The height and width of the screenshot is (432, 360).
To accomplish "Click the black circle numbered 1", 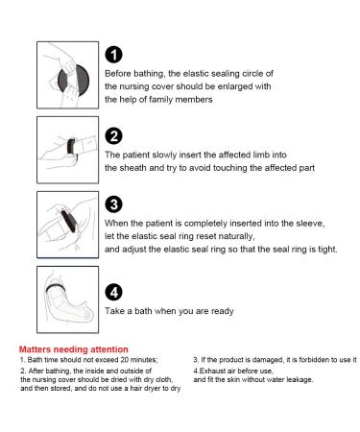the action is (113, 55).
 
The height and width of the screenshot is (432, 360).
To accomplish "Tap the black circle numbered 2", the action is (113, 136).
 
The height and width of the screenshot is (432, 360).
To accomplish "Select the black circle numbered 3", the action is (113, 204).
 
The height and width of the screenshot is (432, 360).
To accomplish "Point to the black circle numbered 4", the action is (113, 292).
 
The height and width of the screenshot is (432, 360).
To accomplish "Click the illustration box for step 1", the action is (68, 75).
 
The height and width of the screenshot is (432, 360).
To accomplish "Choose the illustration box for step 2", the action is (68, 150).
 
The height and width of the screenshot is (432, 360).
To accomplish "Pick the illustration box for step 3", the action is (68, 225).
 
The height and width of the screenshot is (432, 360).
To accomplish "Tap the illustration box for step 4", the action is (68, 300).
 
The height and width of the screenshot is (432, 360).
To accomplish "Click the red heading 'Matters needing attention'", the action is (74, 349).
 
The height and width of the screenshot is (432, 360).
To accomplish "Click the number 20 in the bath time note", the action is (125, 360).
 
